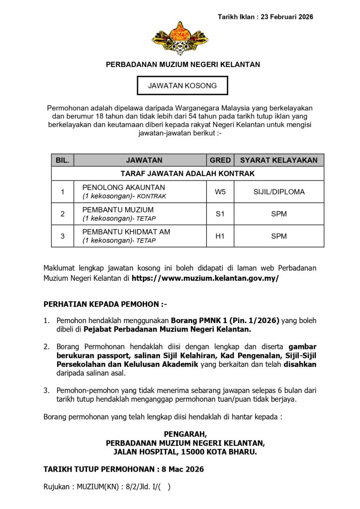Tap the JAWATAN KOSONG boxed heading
point(182,85)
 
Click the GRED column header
point(220,160)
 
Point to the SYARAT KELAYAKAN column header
point(278,160)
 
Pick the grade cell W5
point(220,191)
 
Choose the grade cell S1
point(220,214)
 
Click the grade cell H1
point(220,236)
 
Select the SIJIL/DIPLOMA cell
point(278,191)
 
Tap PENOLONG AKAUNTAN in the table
point(123,187)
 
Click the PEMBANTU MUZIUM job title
point(118,210)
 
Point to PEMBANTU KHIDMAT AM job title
point(126,232)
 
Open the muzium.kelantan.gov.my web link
point(205,278)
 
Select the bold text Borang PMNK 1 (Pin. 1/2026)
point(225,320)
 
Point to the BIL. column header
point(62,160)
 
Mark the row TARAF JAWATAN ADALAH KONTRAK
point(187,173)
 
